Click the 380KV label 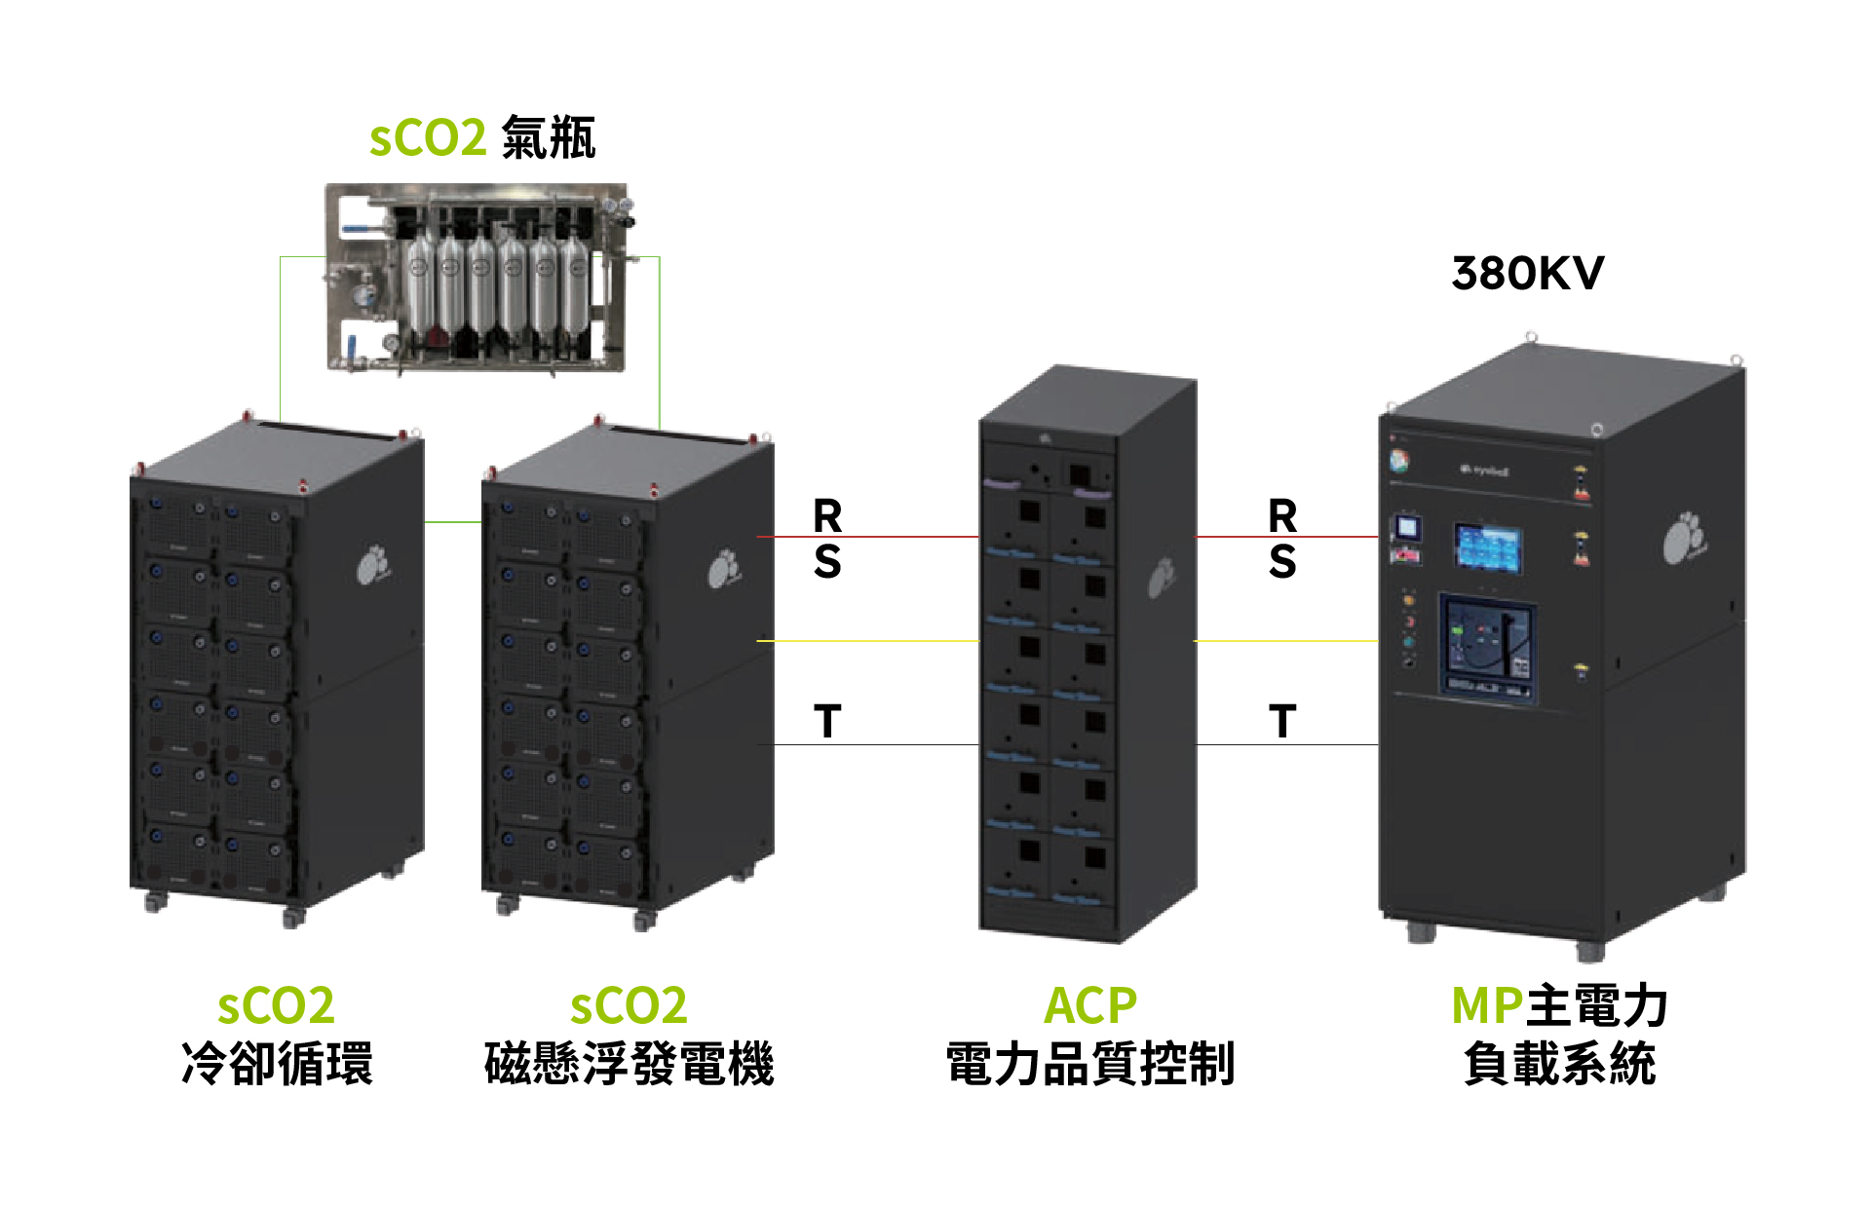(1527, 274)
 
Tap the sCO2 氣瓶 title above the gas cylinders (482, 137)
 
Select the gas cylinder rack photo (476, 278)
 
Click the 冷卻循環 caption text (278, 1063)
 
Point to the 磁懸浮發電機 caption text (630, 1063)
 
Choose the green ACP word (1090, 1006)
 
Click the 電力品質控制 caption (1090, 1063)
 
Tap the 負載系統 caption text (1559, 1063)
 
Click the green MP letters (1487, 1006)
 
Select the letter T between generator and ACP (827, 722)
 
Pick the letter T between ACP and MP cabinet (1282, 722)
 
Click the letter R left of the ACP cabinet (827, 515)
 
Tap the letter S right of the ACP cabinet (1282, 562)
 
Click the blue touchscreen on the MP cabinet (1488, 547)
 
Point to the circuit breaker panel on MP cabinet (1488, 646)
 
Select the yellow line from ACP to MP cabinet (1286, 641)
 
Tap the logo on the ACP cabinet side (1161, 578)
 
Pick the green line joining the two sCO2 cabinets (453, 522)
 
